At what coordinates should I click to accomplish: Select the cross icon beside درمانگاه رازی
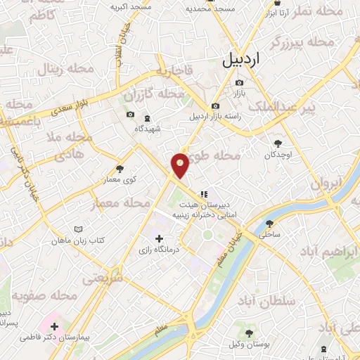[159, 238]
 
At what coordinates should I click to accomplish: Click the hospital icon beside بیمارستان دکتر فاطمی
[54, 326]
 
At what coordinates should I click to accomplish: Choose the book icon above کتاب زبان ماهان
[78, 229]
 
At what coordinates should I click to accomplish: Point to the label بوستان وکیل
[247, 344]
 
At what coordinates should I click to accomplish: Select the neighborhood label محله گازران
[153, 94]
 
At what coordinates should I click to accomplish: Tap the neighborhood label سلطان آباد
[277, 302]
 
